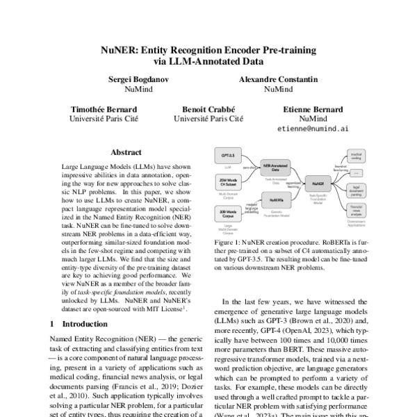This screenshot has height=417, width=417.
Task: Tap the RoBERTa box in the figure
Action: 275,199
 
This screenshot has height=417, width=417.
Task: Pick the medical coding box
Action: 357,157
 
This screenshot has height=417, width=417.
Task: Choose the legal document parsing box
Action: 357,189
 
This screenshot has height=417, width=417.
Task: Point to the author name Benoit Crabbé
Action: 208,109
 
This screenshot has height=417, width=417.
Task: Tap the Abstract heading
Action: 126,152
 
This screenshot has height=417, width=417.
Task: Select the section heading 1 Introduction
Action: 76,324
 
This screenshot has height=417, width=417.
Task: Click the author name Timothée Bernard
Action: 104,109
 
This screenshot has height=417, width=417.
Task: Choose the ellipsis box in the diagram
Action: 357,172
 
